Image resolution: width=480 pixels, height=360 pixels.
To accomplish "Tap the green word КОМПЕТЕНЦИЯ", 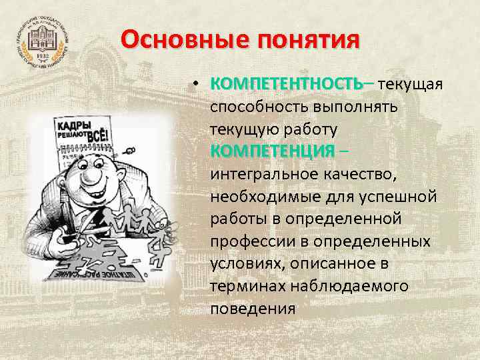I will pos(272,151).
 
